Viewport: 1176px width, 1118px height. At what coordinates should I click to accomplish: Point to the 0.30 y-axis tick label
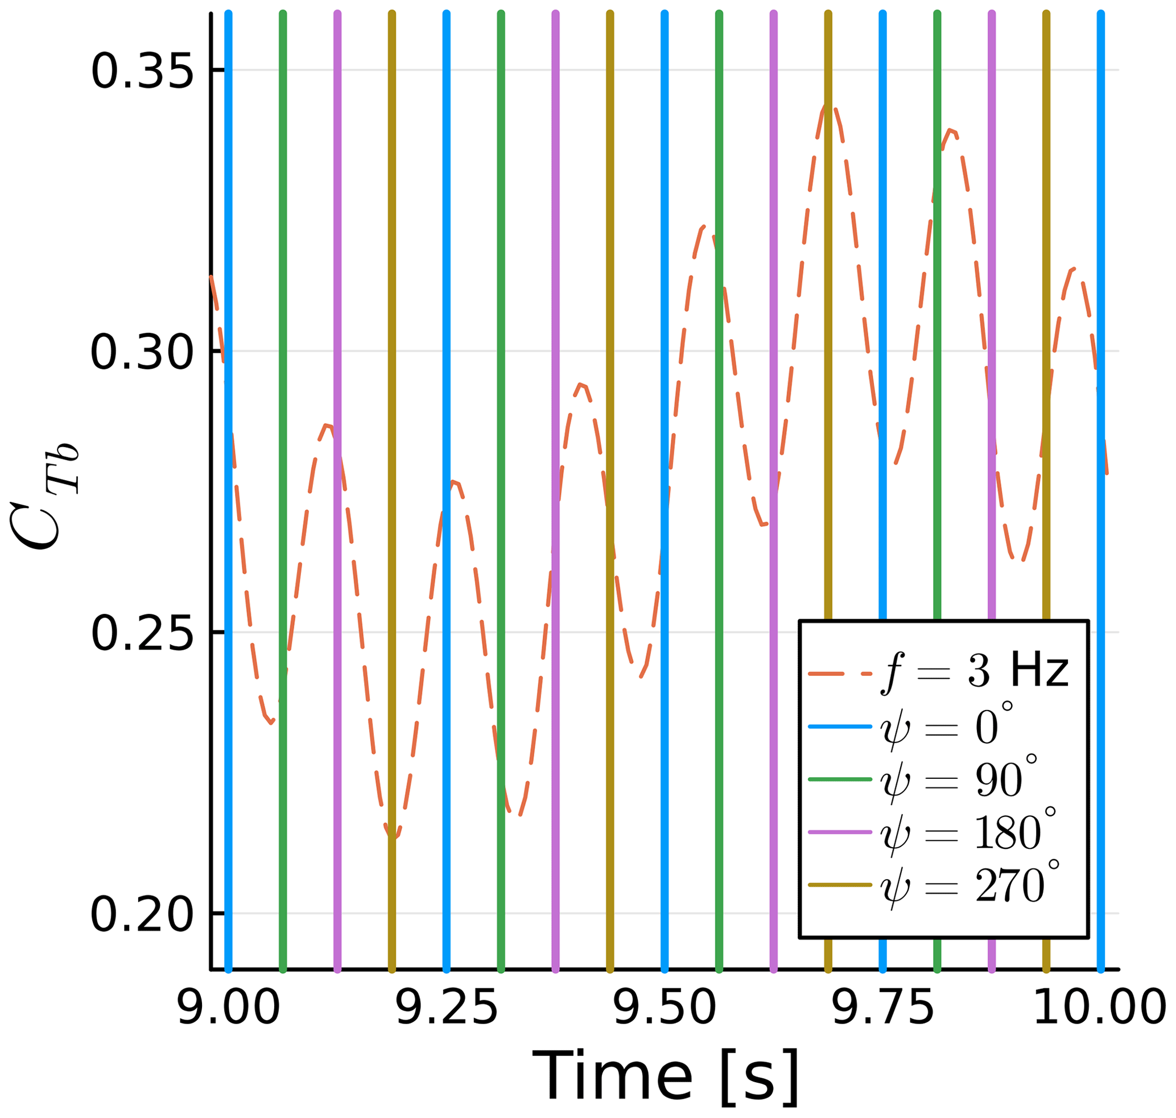pos(142,352)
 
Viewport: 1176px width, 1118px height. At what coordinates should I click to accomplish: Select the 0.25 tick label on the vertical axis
pos(142,633)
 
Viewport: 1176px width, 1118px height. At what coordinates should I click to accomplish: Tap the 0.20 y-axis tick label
pos(142,914)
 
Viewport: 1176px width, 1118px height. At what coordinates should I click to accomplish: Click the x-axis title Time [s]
pos(665,1076)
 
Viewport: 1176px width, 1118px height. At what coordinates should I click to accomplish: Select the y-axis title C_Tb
pos(45,498)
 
